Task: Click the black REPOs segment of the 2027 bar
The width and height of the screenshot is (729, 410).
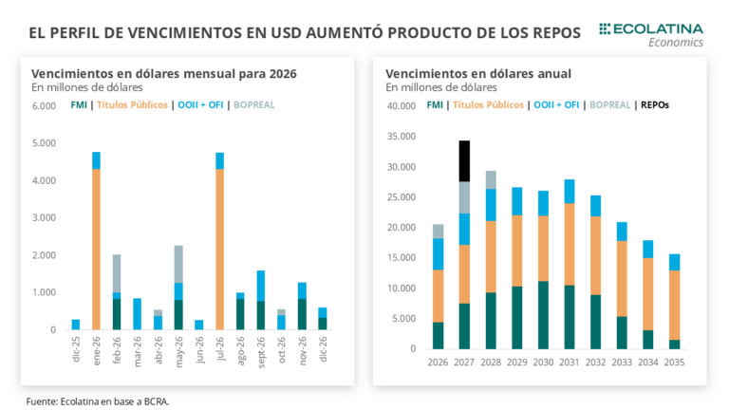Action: pyautogui.click(x=464, y=160)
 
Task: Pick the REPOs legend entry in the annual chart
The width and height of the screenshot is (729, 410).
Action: pyautogui.click(x=654, y=104)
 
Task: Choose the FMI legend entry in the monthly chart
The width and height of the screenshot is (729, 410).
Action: pyautogui.click(x=79, y=104)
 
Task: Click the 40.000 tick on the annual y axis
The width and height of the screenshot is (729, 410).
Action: pyautogui.click(x=402, y=105)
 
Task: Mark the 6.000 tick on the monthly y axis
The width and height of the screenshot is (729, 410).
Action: pyautogui.click(x=45, y=105)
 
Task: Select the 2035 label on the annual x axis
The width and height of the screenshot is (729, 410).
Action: pyautogui.click(x=673, y=362)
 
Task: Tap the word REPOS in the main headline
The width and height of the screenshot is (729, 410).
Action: pyautogui.click(x=550, y=32)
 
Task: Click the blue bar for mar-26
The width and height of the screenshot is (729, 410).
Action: pyautogui.click(x=138, y=314)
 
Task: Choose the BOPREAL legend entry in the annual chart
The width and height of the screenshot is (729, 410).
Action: pyautogui.click(x=612, y=104)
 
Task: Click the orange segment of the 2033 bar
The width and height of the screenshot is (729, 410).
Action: pyautogui.click(x=621, y=278)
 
